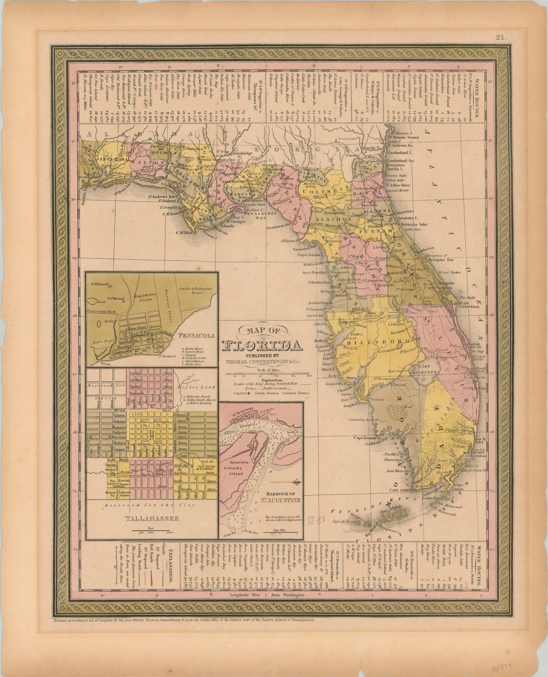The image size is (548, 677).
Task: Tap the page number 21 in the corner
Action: tap(501, 38)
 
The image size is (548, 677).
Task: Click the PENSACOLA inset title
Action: tap(197, 336)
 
